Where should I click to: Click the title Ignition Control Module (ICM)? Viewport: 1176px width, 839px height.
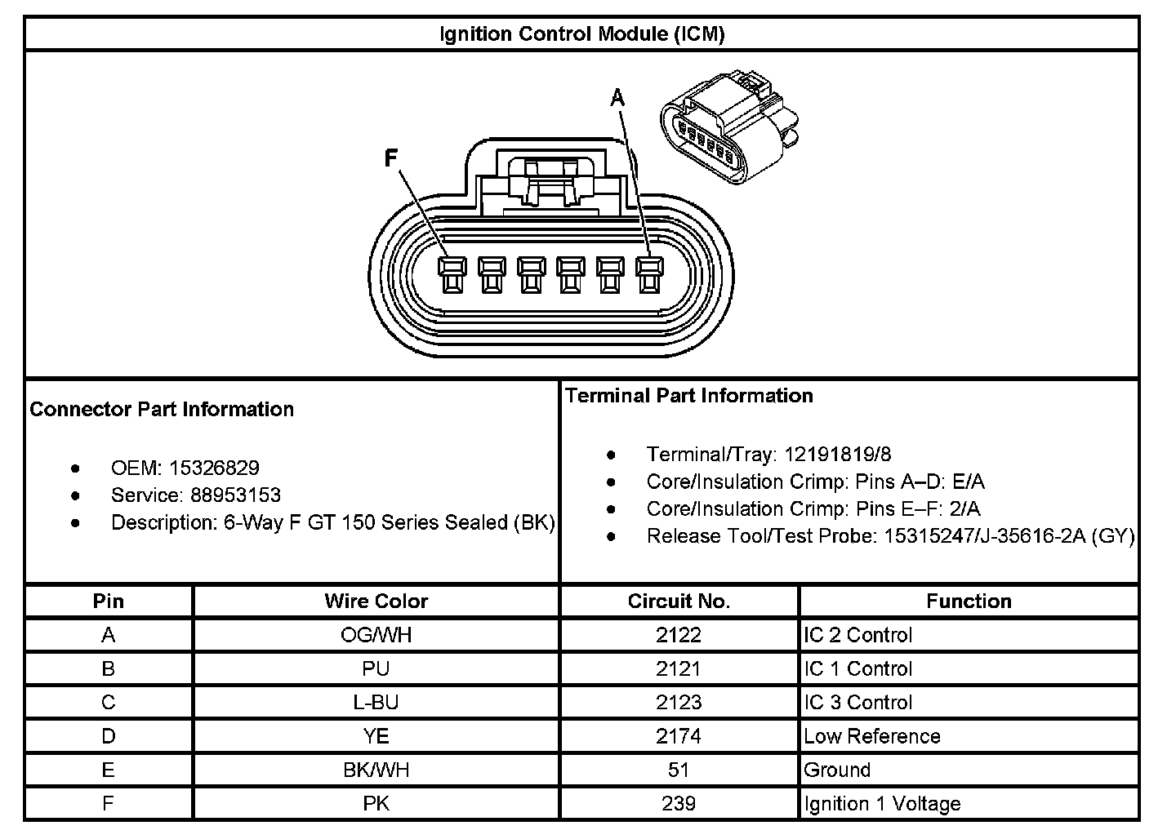pos(581,34)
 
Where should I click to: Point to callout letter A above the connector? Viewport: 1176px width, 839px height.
pos(617,99)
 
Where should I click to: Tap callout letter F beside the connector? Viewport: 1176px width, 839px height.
pos(391,158)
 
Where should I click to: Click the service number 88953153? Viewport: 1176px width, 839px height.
pos(235,495)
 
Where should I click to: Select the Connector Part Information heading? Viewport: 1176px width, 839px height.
pos(162,409)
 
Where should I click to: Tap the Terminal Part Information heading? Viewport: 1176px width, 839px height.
pos(689,396)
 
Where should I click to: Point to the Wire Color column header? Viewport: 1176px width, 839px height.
pos(376,602)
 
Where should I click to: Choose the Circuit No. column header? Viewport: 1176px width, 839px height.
pos(679,602)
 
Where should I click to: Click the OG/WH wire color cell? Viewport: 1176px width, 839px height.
pos(376,635)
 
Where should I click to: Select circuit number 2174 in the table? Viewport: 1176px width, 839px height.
pos(679,736)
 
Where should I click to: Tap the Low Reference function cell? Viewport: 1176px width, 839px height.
pos(872,736)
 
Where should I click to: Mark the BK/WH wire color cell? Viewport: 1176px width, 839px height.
pos(376,770)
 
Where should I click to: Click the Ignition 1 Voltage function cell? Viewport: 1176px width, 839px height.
pos(882,804)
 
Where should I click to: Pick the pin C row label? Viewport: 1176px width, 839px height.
pos(109,703)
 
